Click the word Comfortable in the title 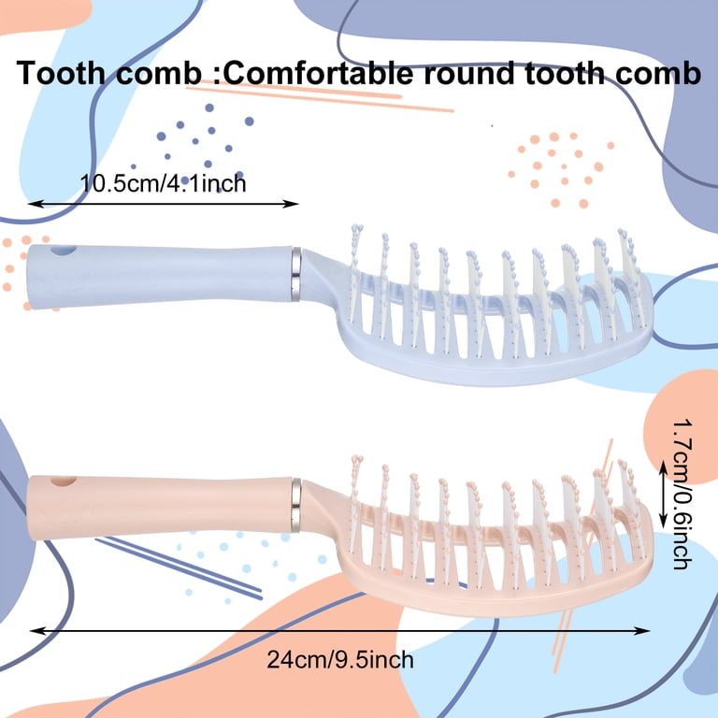[317, 73]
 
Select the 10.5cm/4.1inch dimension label [163, 183]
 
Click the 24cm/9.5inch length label [340, 660]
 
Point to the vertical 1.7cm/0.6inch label [682, 495]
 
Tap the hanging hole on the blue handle [64, 251]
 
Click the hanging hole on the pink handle [64, 481]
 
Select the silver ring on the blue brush [296, 274]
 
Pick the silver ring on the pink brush [296, 506]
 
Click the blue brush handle [160, 276]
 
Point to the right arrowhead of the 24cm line [644, 631]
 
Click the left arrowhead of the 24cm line [36, 631]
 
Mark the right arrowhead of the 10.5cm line [292, 204]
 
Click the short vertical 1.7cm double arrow [663, 494]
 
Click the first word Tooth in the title [62, 73]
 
